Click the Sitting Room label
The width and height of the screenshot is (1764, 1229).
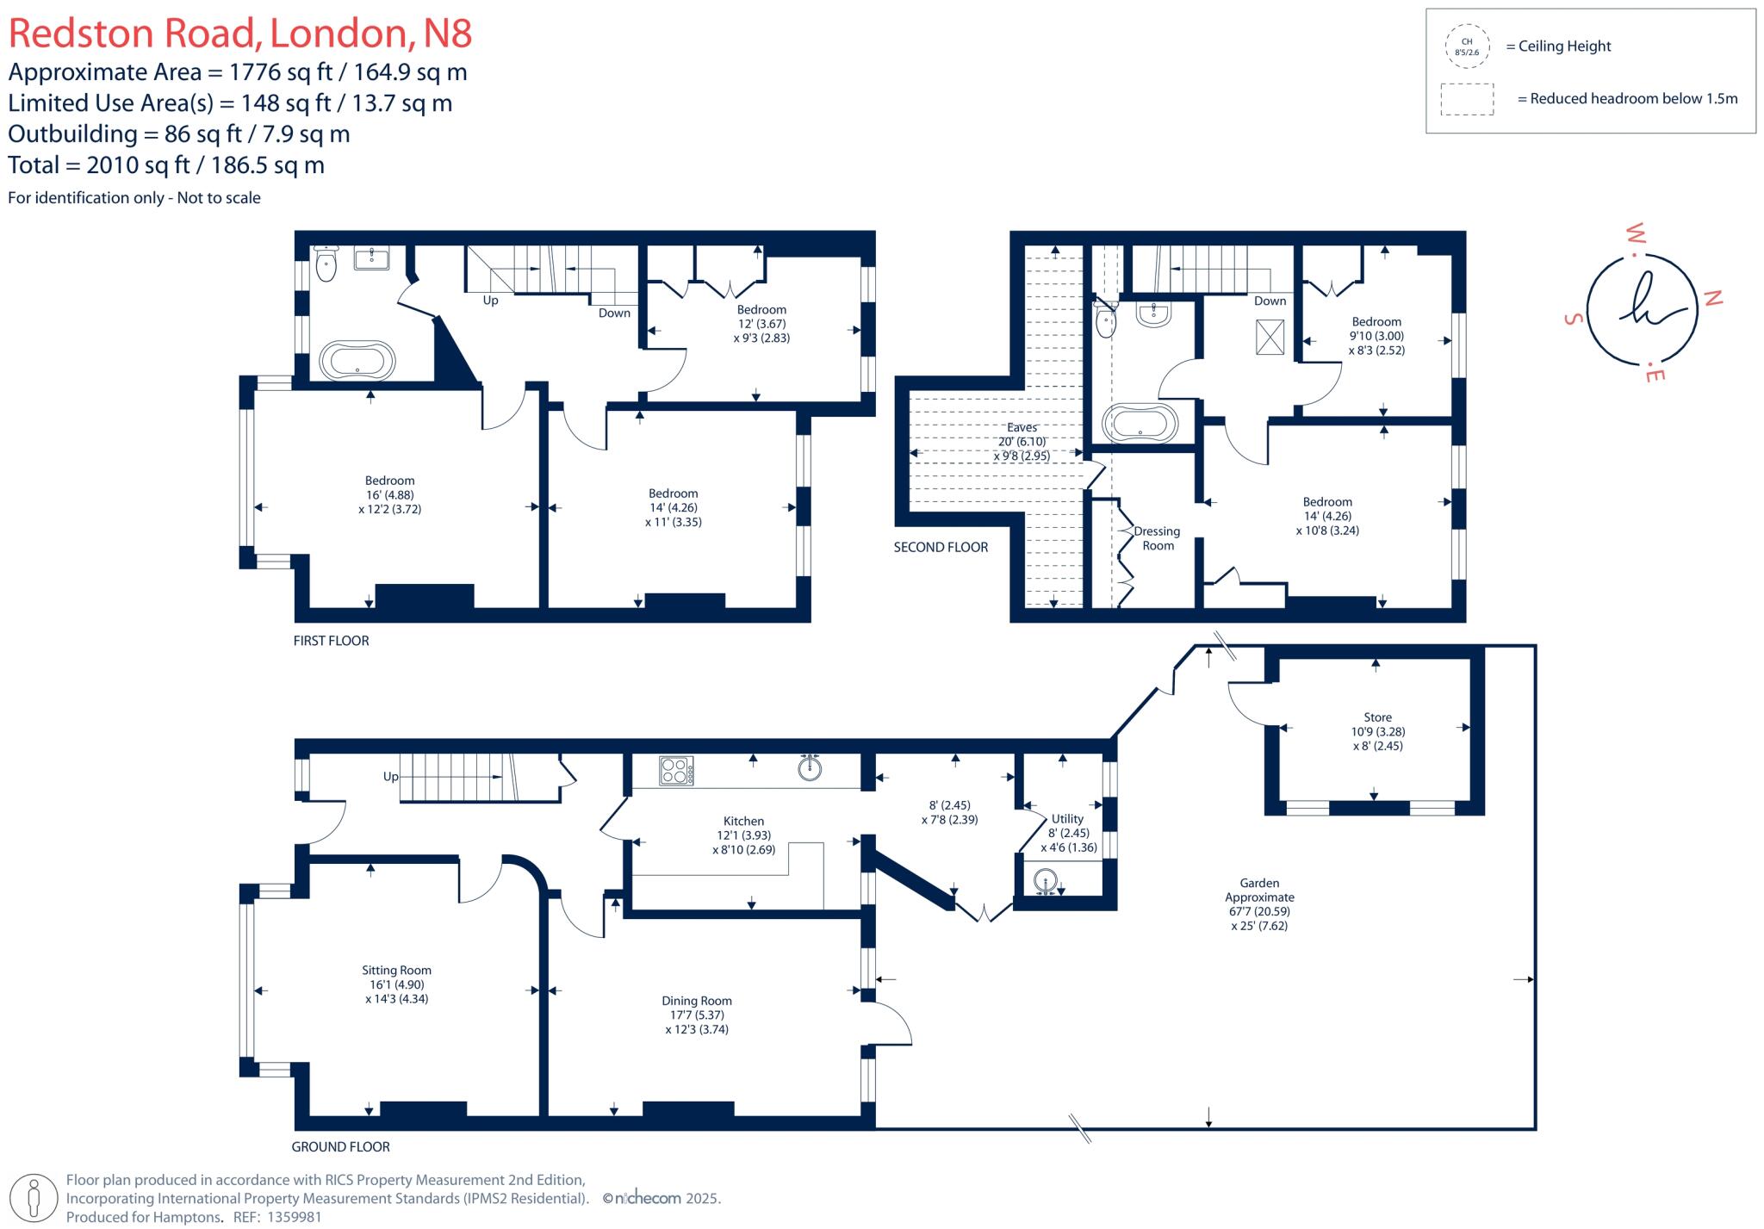tap(396, 971)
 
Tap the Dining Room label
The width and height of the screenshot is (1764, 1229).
tap(696, 1001)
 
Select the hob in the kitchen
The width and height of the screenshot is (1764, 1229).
tap(676, 770)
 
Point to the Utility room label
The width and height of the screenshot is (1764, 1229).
tap(1067, 819)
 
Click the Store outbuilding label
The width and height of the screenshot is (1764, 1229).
tap(1377, 717)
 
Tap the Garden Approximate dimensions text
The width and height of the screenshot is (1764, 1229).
tap(1259, 904)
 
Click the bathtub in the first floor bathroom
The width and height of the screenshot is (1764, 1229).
tap(357, 360)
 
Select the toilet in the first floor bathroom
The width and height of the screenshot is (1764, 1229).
tap(326, 264)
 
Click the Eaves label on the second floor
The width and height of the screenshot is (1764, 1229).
tap(1022, 427)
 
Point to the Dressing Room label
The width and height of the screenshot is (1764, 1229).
tap(1158, 538)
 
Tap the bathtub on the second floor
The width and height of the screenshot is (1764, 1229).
tap(1140, 424)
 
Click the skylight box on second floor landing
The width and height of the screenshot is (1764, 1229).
tap(1270, 337)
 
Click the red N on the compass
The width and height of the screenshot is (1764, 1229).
tap(1712, 298)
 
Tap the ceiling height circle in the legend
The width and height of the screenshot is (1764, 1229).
tap(1467, 47)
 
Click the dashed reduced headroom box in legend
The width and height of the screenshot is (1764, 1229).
tap(1467, 99)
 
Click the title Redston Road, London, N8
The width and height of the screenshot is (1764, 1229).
tap(240, 34)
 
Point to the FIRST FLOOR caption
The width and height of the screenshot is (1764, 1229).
tap(331, 641)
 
